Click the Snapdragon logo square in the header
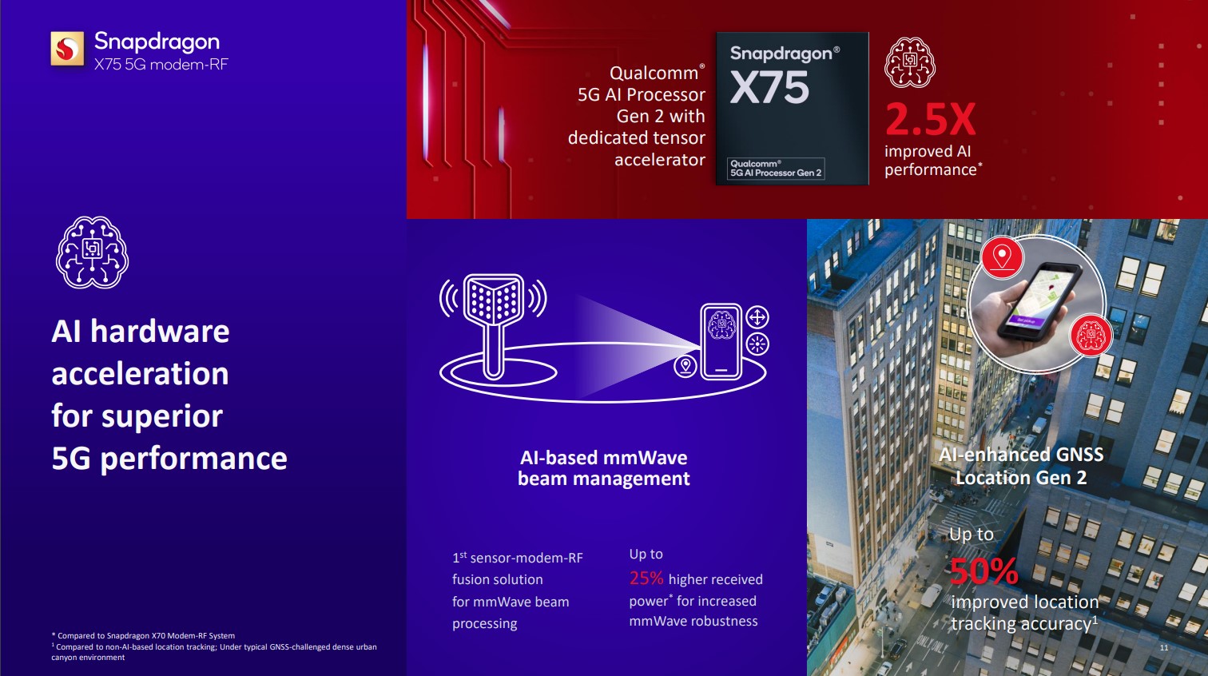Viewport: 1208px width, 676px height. (x=67, y=49)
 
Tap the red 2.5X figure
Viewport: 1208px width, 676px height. (x=930, y=120)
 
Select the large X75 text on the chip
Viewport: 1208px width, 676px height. (x=769, y=88)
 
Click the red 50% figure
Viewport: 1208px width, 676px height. (x=983, y=571)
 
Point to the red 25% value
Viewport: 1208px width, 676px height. (x=646, y=579)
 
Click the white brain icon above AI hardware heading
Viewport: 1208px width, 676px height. (x=92, y=253)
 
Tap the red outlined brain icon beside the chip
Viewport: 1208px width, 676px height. (x=910, y=62)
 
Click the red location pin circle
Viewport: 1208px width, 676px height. (x=1002, y=257)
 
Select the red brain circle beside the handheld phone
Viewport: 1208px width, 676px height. (x=1091, y=336)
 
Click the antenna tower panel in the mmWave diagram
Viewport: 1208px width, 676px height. (x=494, y=298)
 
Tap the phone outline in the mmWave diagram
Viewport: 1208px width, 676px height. (x=721, y=341)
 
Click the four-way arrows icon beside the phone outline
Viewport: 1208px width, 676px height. (x=757, y=317)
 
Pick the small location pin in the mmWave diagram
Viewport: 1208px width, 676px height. (x=685, y=366)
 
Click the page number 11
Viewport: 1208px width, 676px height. (x=1164, y=647)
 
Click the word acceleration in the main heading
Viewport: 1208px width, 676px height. (x=141, y=373)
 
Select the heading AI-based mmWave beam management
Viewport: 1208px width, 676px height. (x=603, y=467)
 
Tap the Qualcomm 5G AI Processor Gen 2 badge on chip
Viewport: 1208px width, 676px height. (x=776, y=169)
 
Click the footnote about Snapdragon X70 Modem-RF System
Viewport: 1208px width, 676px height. (x=144, y=635)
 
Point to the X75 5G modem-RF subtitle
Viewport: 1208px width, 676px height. (x=161, y=65)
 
